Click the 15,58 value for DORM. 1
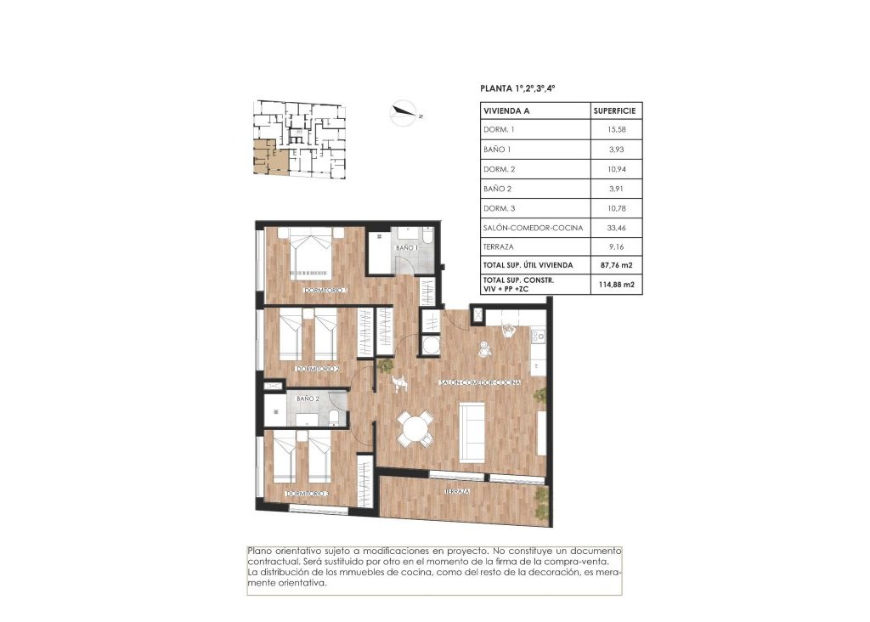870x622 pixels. [x=616, y=130]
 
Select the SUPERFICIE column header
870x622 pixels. [x=616, y=110]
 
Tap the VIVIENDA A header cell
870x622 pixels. [x=506, y=110]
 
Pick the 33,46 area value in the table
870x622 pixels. [x=616, y=228]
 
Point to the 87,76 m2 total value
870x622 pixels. [x=616, y=266]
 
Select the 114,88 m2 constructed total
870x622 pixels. [x=616, y=285]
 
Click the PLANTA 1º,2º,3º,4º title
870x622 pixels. [x=517, y=88]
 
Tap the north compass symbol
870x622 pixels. [x=404, y=113]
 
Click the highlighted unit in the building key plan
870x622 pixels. [x=267, y=159]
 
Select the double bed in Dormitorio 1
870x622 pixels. [x=309, y=253]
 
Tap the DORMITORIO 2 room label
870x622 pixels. [x=318, y=369]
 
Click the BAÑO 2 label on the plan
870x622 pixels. [x=308, y=399]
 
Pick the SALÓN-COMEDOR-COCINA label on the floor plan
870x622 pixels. [x=480, y=383]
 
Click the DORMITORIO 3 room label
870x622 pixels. [x=308, y=494]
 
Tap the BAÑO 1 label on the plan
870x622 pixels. [x=406, y=247]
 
